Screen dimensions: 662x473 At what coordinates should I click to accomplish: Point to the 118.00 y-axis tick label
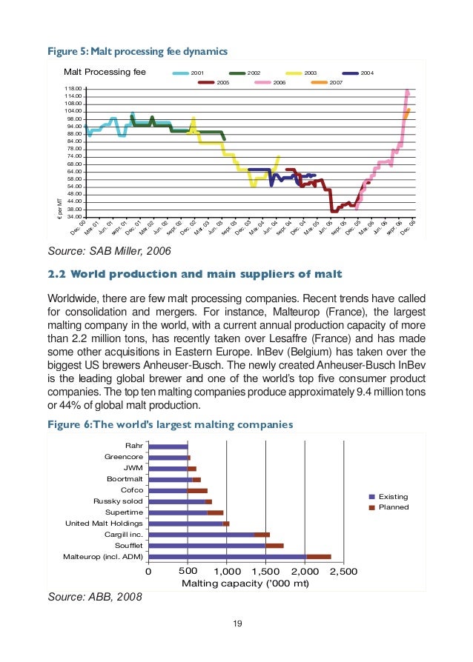(73, 89)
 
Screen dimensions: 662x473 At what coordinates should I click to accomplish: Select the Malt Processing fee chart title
(105, 73)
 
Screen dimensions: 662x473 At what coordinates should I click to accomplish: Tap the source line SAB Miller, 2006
(109, 252)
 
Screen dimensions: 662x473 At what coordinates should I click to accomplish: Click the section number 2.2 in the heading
(57, 275)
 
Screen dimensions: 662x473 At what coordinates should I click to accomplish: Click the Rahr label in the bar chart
(135, 446)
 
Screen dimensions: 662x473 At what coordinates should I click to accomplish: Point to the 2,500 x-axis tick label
(343, 572)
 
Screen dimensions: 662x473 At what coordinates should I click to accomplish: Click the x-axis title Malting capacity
(245, 584)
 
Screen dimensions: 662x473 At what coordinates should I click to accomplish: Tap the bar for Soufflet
(215, 546)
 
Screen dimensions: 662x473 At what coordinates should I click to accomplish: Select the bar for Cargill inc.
(208, 535)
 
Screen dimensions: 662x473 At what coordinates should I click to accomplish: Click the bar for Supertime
(185, 512)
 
